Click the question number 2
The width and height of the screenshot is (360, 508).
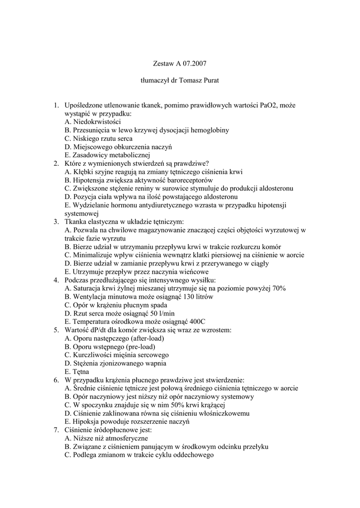click(x=57, y=163)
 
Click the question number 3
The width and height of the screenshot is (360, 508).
click(x=57, y=222)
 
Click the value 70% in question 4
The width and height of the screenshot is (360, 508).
click(x=278, y=289)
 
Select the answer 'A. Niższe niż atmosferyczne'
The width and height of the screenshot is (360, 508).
click(x=106, y=439)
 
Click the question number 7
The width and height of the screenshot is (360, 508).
click(x=57, y=430)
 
